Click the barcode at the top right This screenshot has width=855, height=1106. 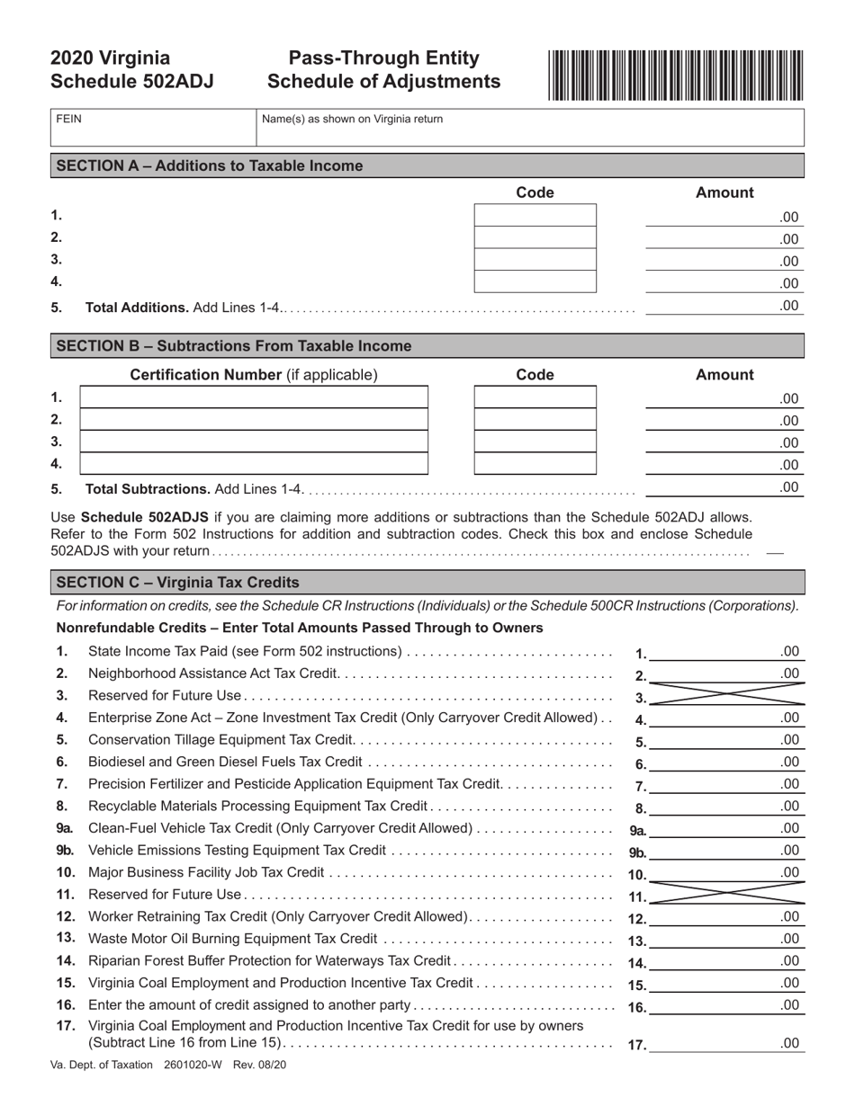[674, 75]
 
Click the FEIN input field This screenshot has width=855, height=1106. [153, 129]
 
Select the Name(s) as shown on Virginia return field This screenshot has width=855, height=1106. [529, 129]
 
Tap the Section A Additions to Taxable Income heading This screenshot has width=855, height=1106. [210, 165]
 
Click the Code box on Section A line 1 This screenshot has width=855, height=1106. [535, 216]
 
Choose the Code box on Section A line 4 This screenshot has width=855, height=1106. [535, 282]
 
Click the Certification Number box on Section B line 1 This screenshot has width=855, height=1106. [254, 397]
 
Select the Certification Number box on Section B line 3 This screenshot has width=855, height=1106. [254, 442]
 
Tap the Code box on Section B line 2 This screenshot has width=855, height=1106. [535, 420]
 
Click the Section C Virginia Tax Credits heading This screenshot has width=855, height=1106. [177, 582]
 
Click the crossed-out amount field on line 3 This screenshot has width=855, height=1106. [725, 695]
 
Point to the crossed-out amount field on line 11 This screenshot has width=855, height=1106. [725, 895]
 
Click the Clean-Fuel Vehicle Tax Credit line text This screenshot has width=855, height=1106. [279, 828]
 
